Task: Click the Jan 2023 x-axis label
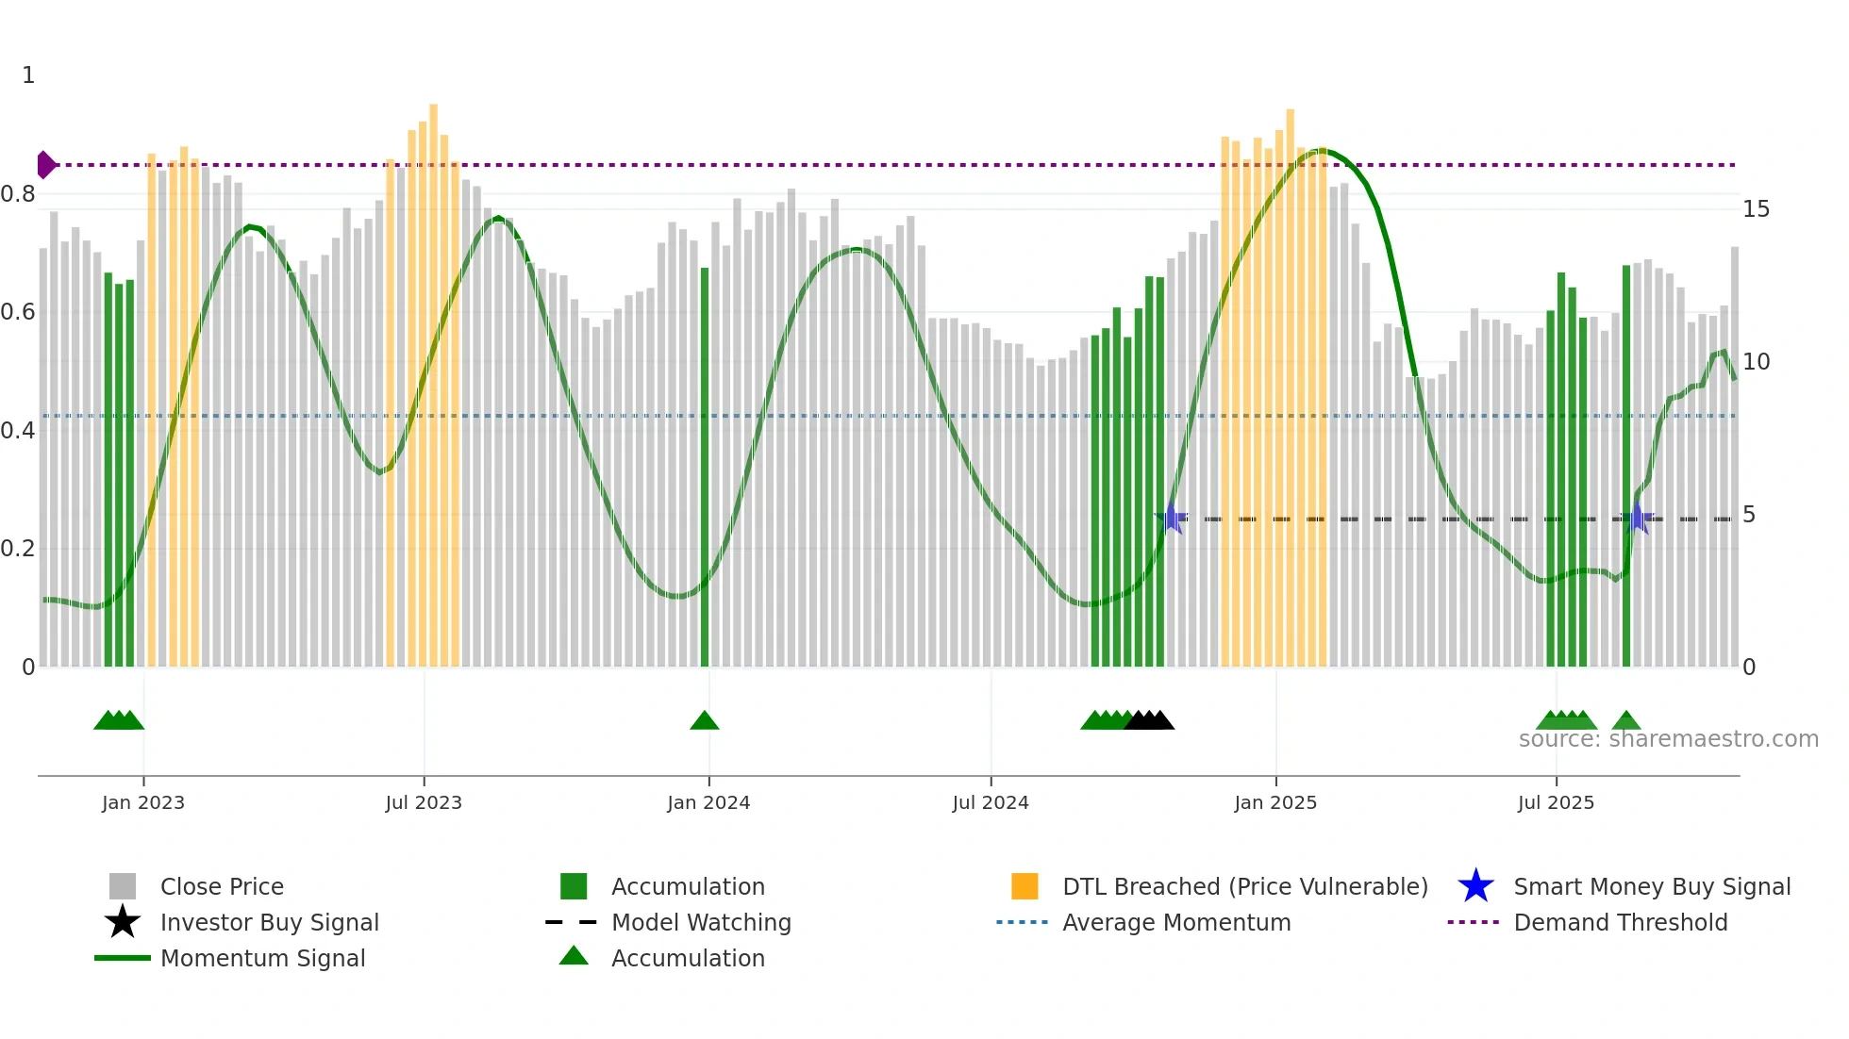[143, 802]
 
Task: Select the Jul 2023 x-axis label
[424, 802]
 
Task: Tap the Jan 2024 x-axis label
[708, 802]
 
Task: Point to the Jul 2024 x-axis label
[991, 802]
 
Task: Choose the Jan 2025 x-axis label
[1275, 802]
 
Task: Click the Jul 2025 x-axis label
[1556, 802]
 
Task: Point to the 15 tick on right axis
[1756, 209]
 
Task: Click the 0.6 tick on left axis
[18, 312]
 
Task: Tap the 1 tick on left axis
[28, 75]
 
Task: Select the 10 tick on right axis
[1756, 362]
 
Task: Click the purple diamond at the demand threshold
[45, 165]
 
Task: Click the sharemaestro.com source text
[1668, 739]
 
